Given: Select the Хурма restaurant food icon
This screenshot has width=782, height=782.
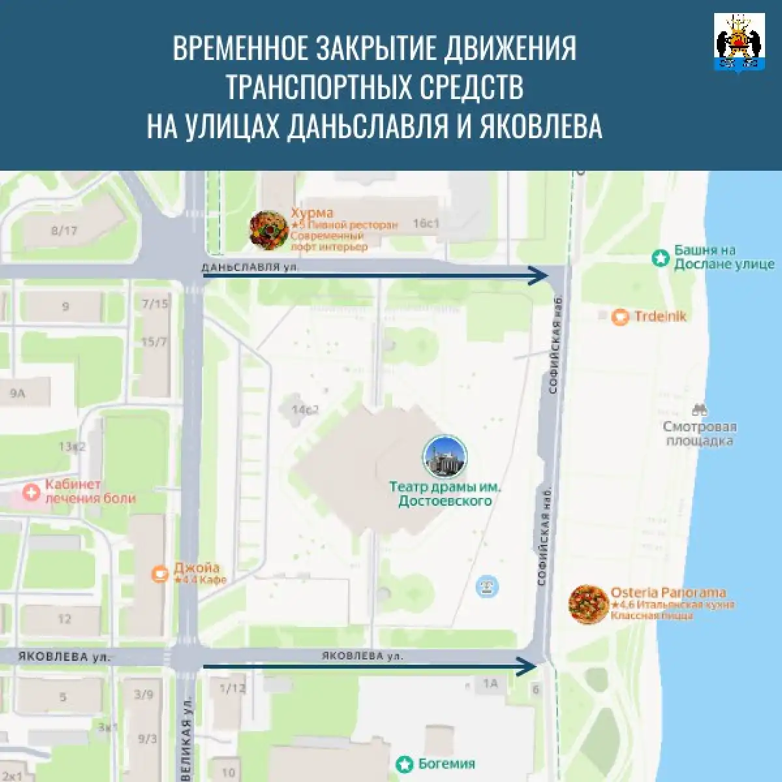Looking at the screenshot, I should click(x=268, y=230).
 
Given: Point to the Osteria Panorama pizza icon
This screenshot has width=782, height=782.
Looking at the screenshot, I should click(x=588, y=605).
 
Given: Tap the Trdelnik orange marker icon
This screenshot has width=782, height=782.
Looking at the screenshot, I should click(x=620, y=317).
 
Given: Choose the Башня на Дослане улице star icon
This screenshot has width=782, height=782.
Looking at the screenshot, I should click(x=661, y=258).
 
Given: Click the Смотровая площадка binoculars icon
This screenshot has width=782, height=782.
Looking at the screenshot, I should click(x=700, y=410).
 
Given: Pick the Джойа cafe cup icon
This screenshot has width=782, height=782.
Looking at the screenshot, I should click(x=160, y=573).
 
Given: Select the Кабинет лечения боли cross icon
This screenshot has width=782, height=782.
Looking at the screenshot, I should click(x=31, y=492).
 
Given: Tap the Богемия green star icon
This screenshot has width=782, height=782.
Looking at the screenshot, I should click(x=405, y=764).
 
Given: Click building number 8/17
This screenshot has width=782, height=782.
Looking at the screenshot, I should click(x=64, y=230).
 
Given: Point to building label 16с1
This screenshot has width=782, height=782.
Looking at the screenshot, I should click(x=426, y=224).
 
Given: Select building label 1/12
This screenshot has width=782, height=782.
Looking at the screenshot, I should click(x=233, y=688).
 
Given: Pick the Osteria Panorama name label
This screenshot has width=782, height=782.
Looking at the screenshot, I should click(x=668, y=592).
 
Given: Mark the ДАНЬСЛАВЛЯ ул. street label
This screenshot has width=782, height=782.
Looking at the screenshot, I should click(x=252, y=267).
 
